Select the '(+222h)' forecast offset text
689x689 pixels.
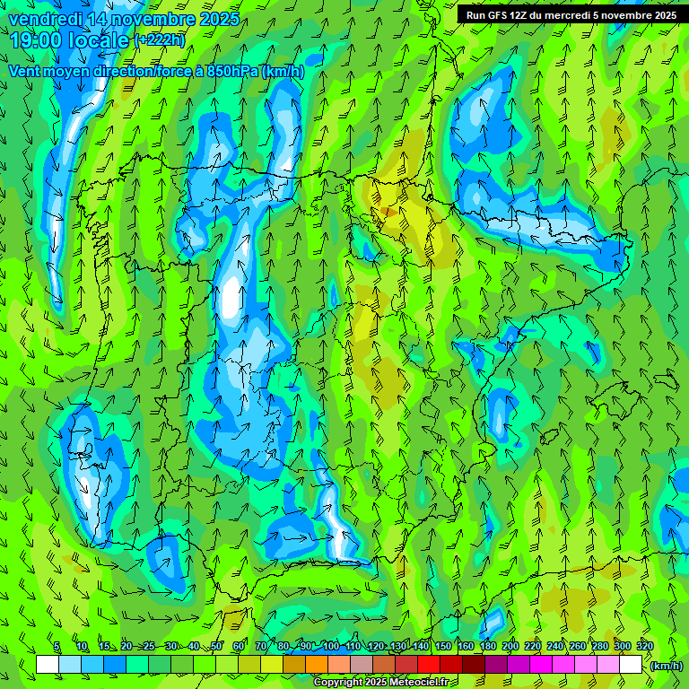point(159,39)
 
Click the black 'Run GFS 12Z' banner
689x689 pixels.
point(571,15)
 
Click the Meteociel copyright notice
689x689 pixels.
point(380,683)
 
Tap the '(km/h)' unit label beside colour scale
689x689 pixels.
point(667,666)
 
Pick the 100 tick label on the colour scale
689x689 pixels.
point(331,647)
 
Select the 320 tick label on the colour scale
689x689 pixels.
point(644,647)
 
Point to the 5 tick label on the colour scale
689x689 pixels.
point(56,647)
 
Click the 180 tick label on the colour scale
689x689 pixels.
point(488,647)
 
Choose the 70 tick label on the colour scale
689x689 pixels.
point(261,647)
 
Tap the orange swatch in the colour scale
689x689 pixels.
point(317,665)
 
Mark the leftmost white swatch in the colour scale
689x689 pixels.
point(48,665)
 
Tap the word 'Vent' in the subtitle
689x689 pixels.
point(25,72)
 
